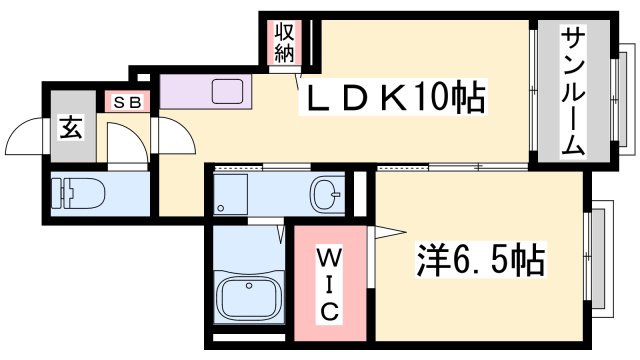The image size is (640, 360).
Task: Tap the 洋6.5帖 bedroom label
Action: pyautogui.click(x=479, y=261)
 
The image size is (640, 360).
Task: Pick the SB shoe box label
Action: pyautogui.click(x=127, y=101)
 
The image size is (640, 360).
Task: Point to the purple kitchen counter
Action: pyautogui.click(x=205, y=93)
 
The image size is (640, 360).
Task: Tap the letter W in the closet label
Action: pyautogui.click(x=328, y=259)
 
